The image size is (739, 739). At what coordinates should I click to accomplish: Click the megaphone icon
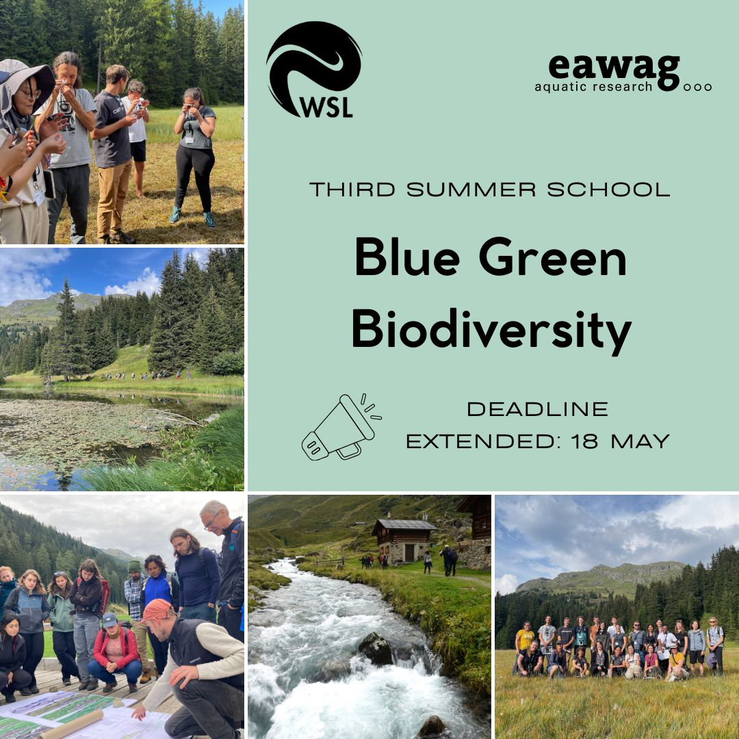(341, 426)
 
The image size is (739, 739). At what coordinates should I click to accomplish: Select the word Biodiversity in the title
(491, 329)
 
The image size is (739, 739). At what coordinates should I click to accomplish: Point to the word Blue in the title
(407, 257)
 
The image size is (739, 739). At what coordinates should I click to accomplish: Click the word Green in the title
(552, 257)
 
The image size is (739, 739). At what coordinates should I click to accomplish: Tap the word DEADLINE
(538, 409)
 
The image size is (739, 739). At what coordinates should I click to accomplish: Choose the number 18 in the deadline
(584, 441)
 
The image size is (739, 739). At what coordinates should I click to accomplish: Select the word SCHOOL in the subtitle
(608, 190)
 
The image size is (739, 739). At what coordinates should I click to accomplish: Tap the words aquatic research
(593, 87)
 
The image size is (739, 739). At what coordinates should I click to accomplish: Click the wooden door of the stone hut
(409, 553)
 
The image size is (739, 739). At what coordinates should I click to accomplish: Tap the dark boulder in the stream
(375, 648)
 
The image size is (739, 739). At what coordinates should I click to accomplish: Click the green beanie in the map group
(134, 566)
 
